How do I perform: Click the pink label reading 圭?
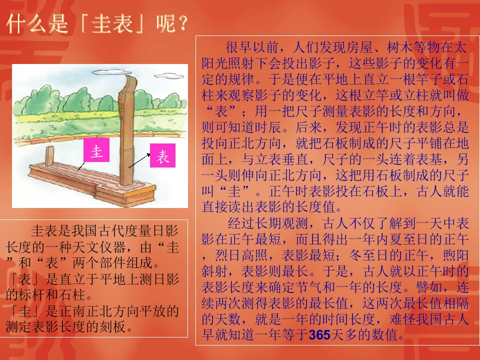click(96, 153)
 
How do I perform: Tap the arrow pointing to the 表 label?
click(139, 160)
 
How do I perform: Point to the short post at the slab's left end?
click(49, 156)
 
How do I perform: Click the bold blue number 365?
click(319, 334)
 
